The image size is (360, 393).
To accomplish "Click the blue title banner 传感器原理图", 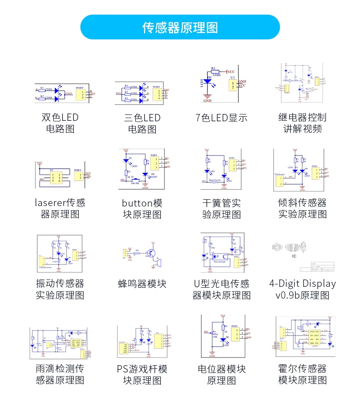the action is pyautogui.click(x=180, y=27).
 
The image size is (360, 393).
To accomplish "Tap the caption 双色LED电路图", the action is pyautogui.click(x=60, y=123).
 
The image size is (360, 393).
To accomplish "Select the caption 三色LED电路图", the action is pyautogui.click(x=142, y=123).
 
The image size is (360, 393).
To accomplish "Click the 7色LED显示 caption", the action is pyautogui.click(x=221, y=118).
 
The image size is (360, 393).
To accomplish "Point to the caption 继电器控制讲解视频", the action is pyautogui.click(x=303, y=123).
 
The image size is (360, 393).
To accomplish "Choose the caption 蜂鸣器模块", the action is pyautogui.click(x=142, y=284).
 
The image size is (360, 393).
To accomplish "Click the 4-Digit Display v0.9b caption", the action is pyautogui.click(x=303, y=289).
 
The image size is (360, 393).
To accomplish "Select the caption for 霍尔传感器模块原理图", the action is pyautogui.click(x=303, y=374).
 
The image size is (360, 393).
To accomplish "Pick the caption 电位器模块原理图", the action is pyautogui.click(x=221, y=374).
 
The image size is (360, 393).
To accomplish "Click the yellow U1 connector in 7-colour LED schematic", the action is pyautogui.click(x=233, y=84).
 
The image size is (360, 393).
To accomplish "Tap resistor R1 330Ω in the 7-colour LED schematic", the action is pyautogui.click(x=214, y=72).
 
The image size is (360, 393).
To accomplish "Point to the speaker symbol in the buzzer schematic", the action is pyautogui.click(x=158, y=264).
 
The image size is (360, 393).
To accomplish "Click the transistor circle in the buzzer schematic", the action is pyautogui.click(x=151, y=253).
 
